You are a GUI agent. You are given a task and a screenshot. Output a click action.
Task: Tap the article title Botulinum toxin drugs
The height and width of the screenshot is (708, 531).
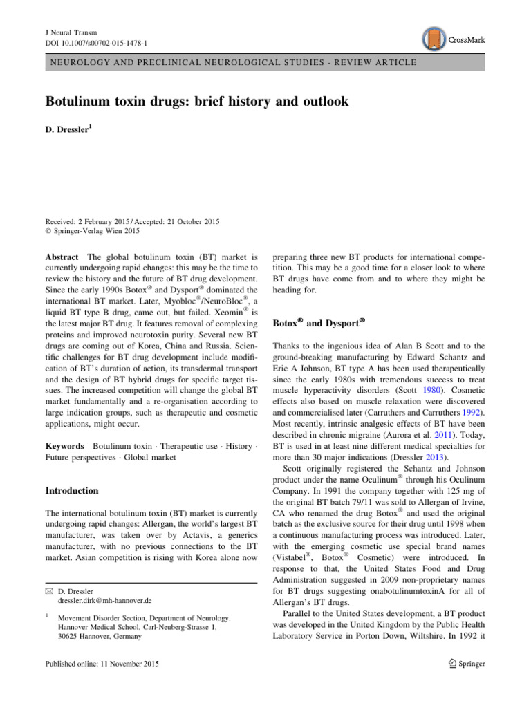tap(197, 102)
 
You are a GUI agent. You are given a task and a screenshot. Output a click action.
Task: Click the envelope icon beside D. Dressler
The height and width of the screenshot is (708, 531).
tap(50, 592)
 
